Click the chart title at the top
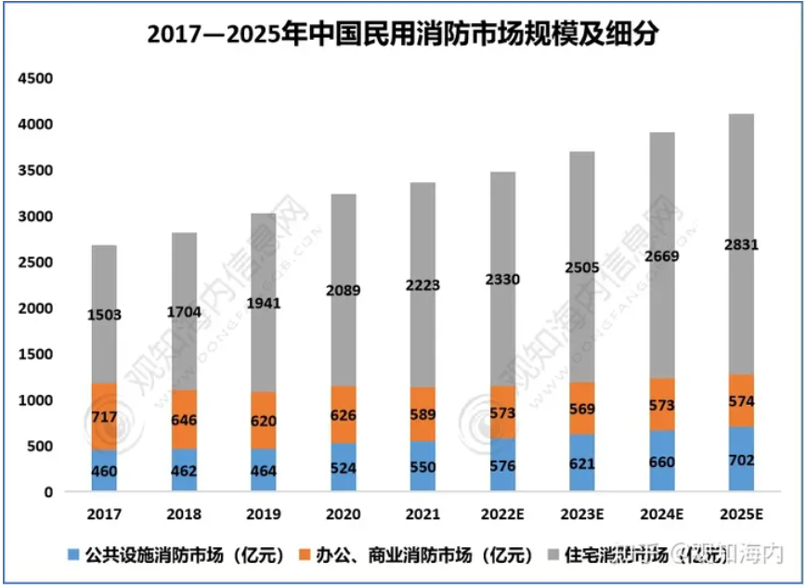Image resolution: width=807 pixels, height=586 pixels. pyautogui.click(x=403, y=34)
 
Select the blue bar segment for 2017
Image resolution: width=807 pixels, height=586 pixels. pyautogui.click(x=104, y=470)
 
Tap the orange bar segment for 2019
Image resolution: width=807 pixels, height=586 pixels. pyautogui.click(x=263, y=420)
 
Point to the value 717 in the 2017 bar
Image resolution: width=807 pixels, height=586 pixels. pyautogui.click(x=104, y=417)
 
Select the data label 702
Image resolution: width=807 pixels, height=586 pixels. pyautogui.click(x=740, y=461)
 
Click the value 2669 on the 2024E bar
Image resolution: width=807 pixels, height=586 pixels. pyautogui.click(x=661, y=255)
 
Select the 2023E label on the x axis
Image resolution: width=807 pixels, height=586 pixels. pyautogui.click(x=581, y=514)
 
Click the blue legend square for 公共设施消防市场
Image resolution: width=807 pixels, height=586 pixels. pyautogui.click(x=72, y=556)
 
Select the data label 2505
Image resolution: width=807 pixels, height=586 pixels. pyautogui.click(x=581, y=268)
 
